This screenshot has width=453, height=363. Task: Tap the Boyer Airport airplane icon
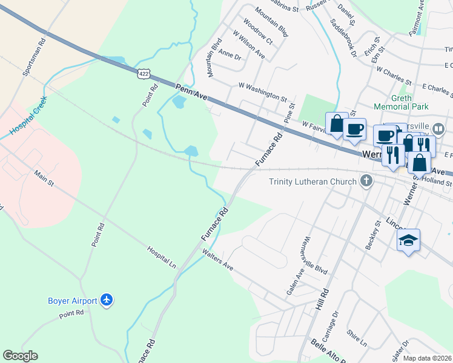click(107, 299)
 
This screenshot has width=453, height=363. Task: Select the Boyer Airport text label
click(73, 301)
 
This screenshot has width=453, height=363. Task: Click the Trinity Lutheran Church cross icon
click(366, 181)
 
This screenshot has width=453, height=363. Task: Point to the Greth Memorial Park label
click(401, 102)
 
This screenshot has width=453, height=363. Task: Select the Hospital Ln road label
click(162, 257)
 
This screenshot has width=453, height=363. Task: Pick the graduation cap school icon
click(409, 241)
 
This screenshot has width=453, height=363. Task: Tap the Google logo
click(20, 356)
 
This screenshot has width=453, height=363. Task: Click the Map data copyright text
click(426, 358)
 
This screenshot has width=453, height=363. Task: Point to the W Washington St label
click(262, 92)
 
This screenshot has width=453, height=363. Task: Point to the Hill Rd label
click(321, 299)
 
